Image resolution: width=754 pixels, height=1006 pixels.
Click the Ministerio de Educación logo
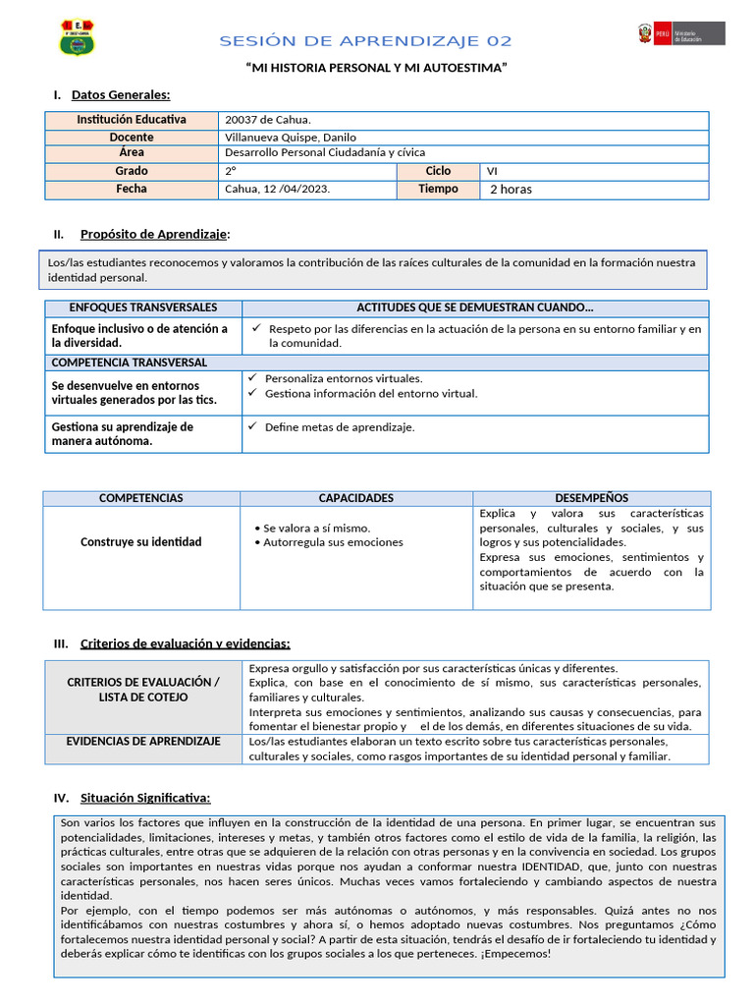pos(681,34)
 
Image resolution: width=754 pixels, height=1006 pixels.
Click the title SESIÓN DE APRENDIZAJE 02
pos(365,41)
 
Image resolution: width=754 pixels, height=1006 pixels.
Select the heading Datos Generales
pos(120,95)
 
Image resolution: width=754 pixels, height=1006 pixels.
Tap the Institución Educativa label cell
pos(132,120)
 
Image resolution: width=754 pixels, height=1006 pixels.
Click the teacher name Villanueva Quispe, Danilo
pos(291,138)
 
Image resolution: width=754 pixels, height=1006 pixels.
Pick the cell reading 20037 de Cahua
pos(268,120)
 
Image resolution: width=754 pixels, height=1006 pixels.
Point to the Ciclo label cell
pos(438,171)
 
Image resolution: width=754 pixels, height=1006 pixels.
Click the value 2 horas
pos(511,190)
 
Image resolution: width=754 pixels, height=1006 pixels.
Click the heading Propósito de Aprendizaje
pos(154,234)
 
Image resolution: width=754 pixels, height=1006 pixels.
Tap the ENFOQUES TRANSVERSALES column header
pos(143,307)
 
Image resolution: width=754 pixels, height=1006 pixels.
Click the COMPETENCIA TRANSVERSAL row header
pos(123,363)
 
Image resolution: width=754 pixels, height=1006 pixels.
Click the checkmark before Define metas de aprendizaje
pos(252,426)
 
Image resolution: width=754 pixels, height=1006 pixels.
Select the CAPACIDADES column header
pos(355,498)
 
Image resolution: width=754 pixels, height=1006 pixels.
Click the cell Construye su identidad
pos(140,542)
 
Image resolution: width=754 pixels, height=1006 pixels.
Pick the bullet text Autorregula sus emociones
pos(333,542)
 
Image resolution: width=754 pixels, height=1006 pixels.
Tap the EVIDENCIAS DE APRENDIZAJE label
pos(143,742)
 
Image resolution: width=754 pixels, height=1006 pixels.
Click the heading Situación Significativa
pos(145,797)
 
